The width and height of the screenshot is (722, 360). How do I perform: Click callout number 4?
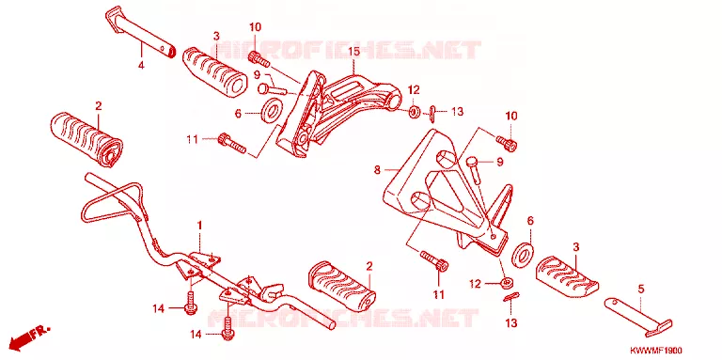(141, 66)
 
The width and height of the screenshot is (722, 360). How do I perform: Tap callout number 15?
(353, 52)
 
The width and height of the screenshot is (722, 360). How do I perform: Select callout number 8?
(377, 170)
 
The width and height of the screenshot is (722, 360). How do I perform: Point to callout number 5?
(641, 290)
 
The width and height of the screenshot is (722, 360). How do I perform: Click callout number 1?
(200, 225)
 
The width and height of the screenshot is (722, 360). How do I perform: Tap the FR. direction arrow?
(29, 337)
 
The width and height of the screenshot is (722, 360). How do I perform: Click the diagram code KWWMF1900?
(655, 351)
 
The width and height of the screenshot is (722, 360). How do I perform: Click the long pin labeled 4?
(140, 31)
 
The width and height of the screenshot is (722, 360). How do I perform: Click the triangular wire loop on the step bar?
(114, 202)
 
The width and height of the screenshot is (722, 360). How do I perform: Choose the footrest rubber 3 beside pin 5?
(567, 275)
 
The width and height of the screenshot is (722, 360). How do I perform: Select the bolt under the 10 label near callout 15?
(259, 60)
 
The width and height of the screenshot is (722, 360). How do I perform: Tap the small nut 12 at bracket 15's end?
(414, 111)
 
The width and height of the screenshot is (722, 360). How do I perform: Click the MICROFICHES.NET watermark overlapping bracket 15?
(349, 51)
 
